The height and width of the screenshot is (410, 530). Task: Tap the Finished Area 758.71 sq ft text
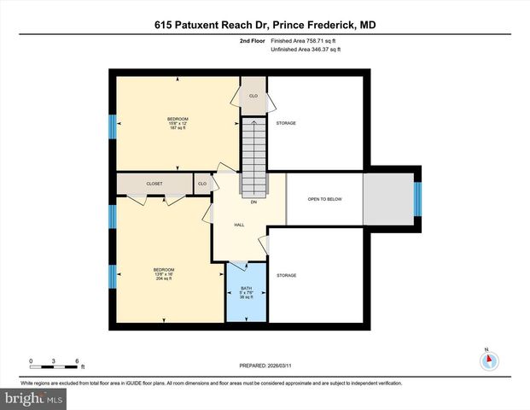tap(305, 40)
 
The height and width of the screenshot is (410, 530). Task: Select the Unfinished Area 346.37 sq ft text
tap(305, 50)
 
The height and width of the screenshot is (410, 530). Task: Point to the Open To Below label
tap(324, 199)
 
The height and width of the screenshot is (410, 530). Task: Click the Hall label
tap(240, 225)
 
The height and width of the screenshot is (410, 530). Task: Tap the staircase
tap(253, 155)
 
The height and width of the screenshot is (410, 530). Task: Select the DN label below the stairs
tap(253, 202)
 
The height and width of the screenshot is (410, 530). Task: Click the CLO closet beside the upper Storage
tap(253, 96)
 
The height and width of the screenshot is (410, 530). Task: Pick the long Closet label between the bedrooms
tap(154, 184)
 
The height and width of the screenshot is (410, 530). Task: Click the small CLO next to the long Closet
tap(202, 184)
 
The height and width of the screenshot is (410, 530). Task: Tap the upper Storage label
tap(286, 123)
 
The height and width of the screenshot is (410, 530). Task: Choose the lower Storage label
tap(286, 275)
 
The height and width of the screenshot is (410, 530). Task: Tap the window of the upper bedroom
tap(112, 126)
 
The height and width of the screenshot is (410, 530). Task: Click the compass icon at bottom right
tap(488, 360)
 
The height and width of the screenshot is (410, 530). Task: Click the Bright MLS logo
tap(33, 398)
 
